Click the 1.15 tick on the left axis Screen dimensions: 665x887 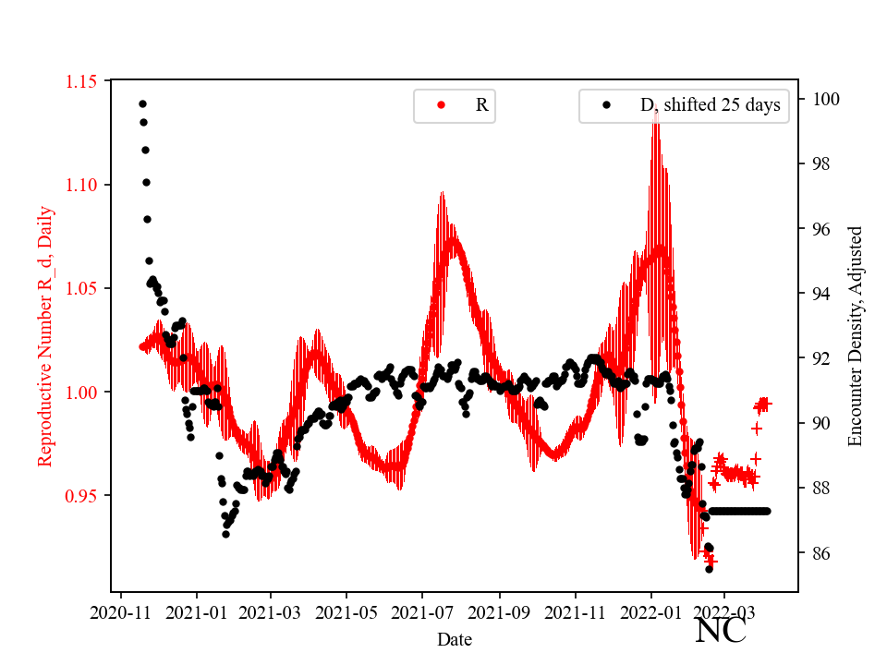[x=83, y=81]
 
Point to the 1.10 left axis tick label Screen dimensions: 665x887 [x=83, y=185]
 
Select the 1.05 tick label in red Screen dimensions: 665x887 [x=83, y=288]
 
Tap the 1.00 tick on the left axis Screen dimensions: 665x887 [x=83, y=392]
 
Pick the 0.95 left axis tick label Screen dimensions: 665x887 [x=83, y=495]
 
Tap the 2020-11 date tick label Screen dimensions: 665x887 [x=119, y=612]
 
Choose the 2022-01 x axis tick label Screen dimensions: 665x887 [x=650, y=612]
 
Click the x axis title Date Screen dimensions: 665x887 [x=455, y=638]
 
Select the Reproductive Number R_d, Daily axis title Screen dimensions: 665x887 [x=44, y=335]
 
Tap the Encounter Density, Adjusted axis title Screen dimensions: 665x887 [x=855, y=335]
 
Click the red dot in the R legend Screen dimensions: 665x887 [x=441, y=105]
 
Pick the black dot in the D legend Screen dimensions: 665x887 [x=606, y=105]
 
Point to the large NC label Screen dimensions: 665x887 [x=720, y=631]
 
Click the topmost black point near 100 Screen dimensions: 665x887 [x=142, y=103]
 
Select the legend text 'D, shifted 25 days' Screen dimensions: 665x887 [x=710, y=105]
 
